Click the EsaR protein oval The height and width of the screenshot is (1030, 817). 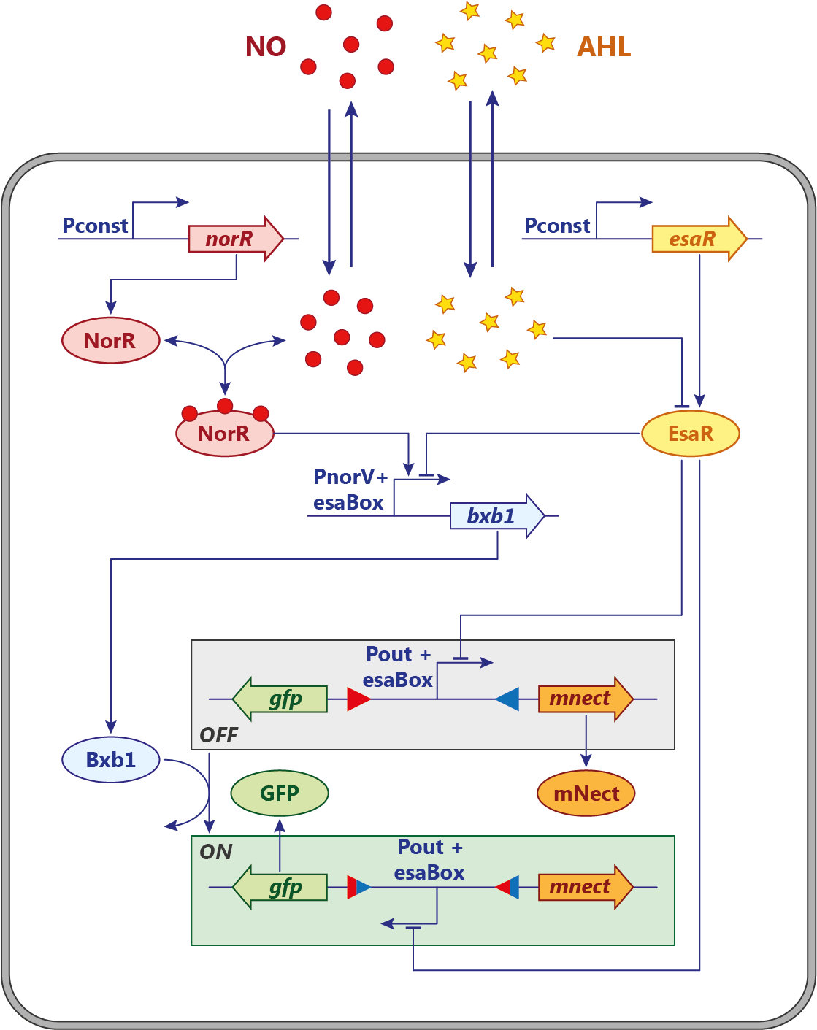tap(690, 434)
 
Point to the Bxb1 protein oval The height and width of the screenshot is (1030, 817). tap(111, 760)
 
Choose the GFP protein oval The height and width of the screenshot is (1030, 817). tap(280, 793)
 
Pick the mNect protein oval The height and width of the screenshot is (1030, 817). tap(586, 793)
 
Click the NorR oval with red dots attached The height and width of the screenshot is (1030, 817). tap(224, 434)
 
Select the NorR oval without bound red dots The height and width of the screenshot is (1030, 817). tap(110, 340)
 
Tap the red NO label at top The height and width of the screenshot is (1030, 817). tap(266, 47)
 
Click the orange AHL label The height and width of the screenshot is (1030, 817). tap(603, 47)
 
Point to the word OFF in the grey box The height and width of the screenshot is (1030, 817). tap(219, 735)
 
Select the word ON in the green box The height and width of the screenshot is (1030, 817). tap(216, 852)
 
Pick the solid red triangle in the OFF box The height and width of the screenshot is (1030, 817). tap(357, 699)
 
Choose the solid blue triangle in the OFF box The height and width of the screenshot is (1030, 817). tap(509, 699)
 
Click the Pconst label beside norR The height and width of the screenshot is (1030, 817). tap(95, 226)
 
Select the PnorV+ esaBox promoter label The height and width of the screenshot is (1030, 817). tap(350, 490)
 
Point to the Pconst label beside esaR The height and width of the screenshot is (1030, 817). tap(557, 226)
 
